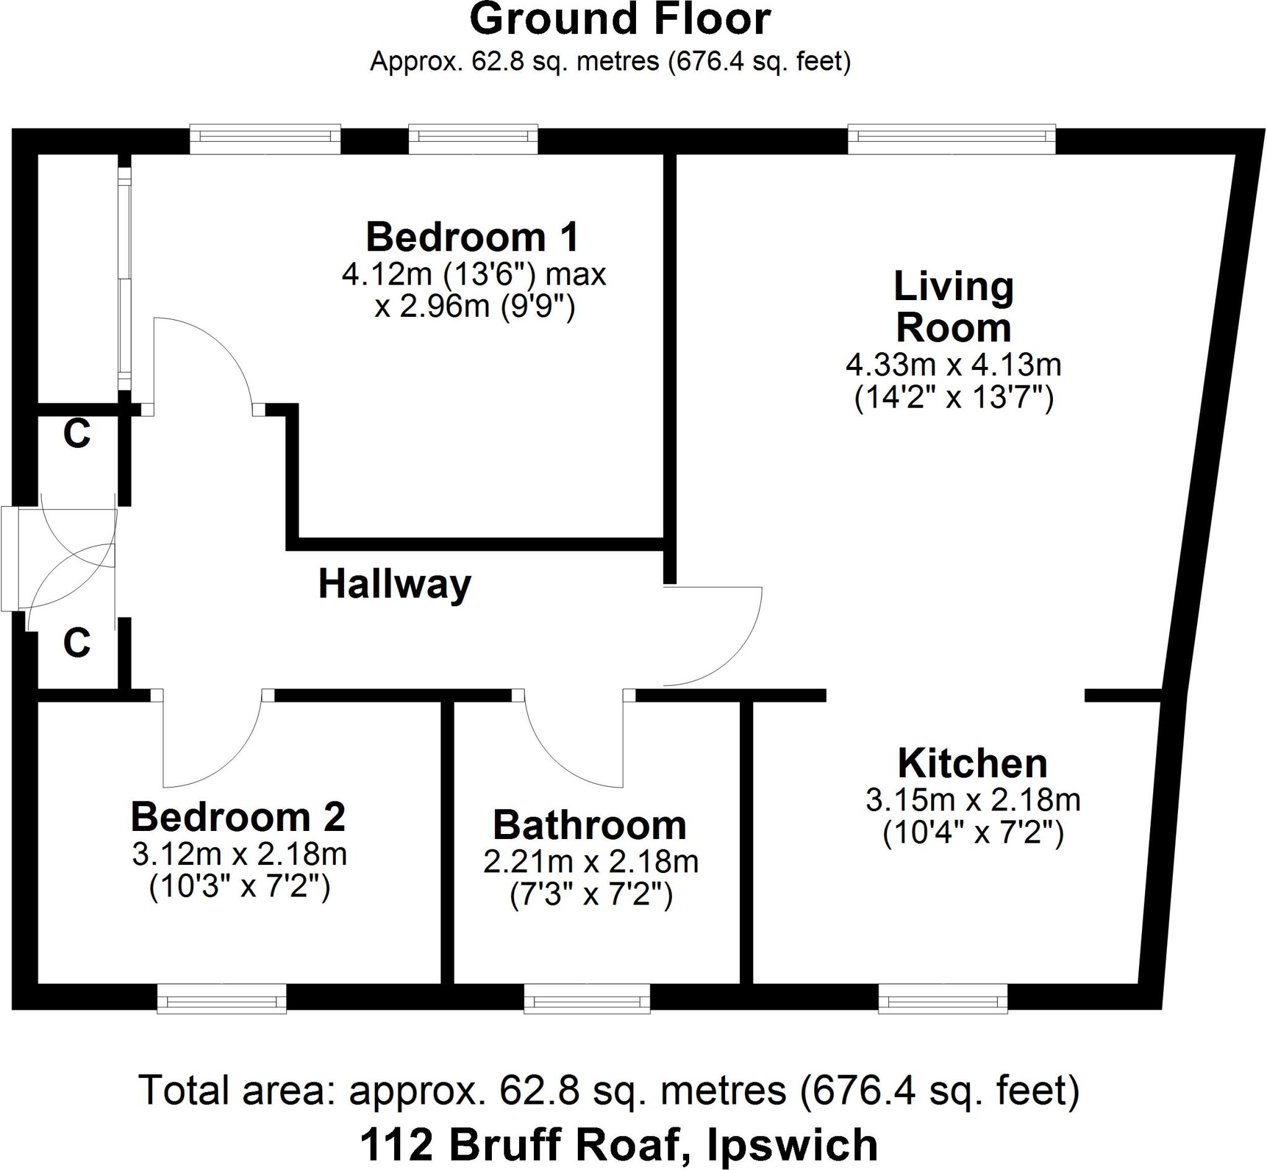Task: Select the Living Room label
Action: (x=953, y=308)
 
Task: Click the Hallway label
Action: (x=395, y=583)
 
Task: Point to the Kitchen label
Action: (x=973, y=764)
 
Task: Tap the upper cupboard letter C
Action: (x=77, y=434)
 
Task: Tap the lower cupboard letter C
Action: (x=77, y=643)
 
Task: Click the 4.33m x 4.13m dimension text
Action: (x=953, y=364)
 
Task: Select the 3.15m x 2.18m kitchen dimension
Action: (x=973, y=800)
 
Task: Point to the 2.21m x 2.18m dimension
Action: (x=591, y=862)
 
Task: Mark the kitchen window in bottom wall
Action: (x=943, y=999)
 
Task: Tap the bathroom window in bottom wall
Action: (x=587, y=999)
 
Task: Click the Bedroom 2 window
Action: (x=221, y=999)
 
